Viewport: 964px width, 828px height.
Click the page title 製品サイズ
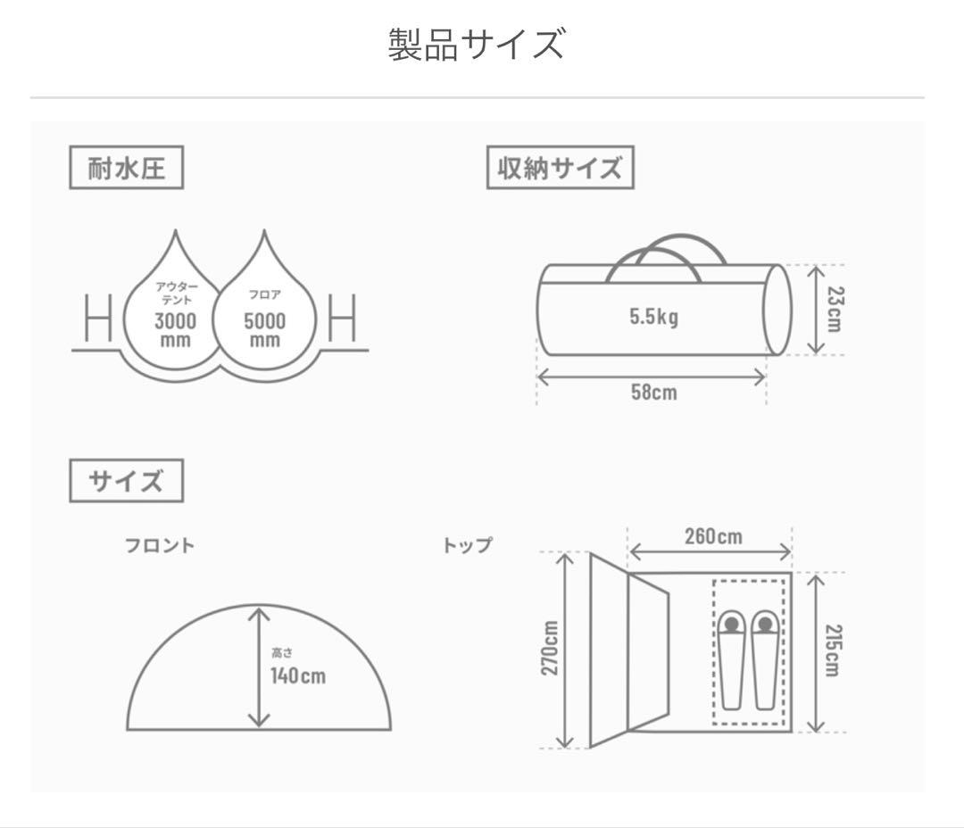[x=477, y=45]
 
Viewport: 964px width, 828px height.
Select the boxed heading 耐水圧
[x=126, y=168]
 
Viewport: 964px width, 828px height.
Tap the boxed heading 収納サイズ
[x=560, y=168]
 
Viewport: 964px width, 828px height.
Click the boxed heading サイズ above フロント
[x=126, y=481]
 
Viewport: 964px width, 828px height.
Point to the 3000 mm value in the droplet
[x=176, y=329]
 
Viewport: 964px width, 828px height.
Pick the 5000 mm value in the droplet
[x=265, y=329]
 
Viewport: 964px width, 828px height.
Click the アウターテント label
[x=176, y=293]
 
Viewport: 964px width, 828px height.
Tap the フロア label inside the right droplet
[x=265, y=295]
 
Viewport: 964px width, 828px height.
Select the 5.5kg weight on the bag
[x=653, y=317]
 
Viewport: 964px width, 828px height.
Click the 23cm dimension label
[x=833, y=309]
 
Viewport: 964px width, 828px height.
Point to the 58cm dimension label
[x=653, y=392]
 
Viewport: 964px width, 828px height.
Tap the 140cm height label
[x=298, y=675]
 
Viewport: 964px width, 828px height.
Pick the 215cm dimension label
[x=832, y=650]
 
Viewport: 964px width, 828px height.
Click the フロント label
[x=159, y=545]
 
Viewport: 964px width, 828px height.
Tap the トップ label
[x=467, y=545]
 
